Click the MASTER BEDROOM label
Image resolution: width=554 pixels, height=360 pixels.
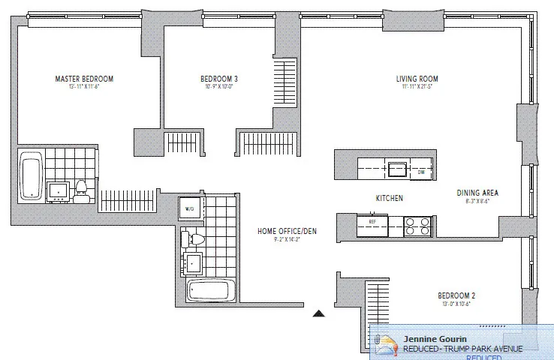84,78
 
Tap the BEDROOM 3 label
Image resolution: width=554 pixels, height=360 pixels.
219,79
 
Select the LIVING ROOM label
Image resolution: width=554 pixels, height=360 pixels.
417,79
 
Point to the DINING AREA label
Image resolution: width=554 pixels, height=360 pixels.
477,193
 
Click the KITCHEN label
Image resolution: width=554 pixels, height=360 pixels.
390,198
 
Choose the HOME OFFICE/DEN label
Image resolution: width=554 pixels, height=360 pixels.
287,231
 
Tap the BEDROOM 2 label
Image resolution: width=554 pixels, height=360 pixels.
456,295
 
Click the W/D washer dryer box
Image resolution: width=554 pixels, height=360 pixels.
188,208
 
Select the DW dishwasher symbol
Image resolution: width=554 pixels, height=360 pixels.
421,172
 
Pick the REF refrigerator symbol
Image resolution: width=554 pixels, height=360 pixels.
371,222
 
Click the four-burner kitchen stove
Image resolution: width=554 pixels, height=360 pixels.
417,226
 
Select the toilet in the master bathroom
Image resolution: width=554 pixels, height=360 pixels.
81,190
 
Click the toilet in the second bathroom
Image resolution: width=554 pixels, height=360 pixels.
195,240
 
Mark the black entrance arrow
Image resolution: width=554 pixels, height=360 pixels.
318,313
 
